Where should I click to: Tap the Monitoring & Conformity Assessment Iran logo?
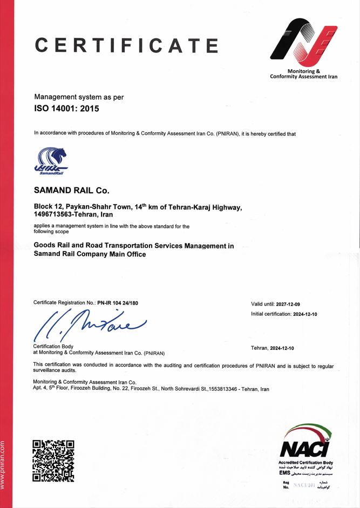click(303, 43)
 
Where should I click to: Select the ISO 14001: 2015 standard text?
click(67, 109)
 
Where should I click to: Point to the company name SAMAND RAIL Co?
click(71, 190)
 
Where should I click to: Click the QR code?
click(53, 460)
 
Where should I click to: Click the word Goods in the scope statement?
click(44, 246)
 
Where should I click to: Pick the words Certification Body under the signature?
click(53, 346)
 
